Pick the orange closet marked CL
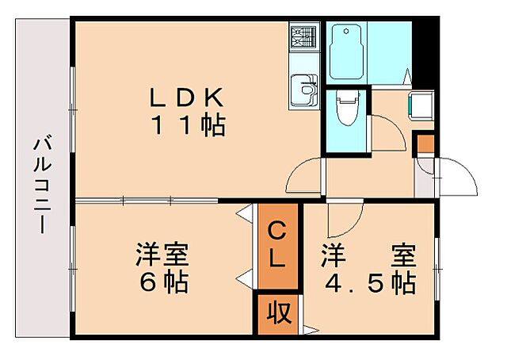[x=276, y=245]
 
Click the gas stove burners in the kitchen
[x=303, y=36]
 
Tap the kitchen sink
[x=303, y=90]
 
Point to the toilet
[x=345, y=109]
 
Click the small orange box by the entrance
[x=426, y=144]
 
